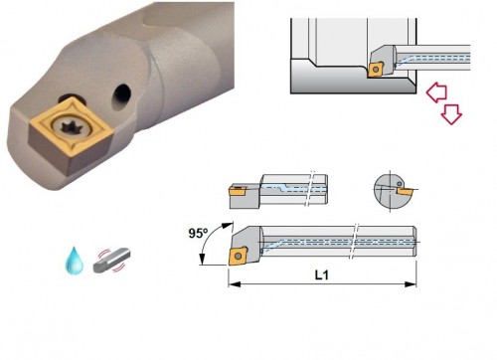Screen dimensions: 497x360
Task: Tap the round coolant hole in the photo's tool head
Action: pyautogui.click(x=121, y=96)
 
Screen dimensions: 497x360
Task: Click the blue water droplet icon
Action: pyautogui.click(x=74, y=261)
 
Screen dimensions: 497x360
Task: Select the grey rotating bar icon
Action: pyautogui.click(x=111, y=260)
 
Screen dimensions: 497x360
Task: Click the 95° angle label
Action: pyautogui.click(x=198, y=233)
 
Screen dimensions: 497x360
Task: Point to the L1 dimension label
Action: pyautogui.click(x=321, y=274)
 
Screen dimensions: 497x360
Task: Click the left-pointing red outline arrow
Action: pyautogui.click(x=436, y=91)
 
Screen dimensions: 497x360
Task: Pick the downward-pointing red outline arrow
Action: pyautogui.click(x=451, y=114)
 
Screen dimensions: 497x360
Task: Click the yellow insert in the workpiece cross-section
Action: pyautogui.click(x=376, y=70)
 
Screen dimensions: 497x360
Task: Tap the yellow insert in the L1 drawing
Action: pyautogui.click(x=238, y=256)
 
